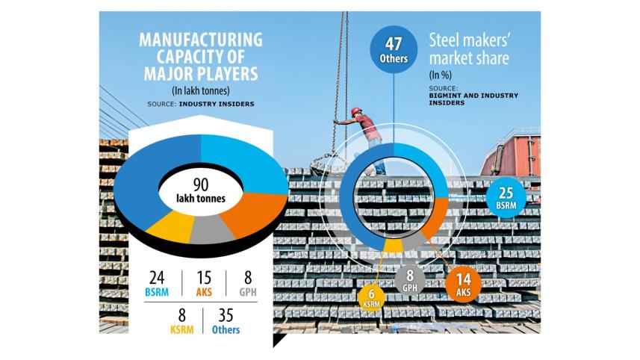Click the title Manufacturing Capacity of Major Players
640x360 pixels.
click(201, 57)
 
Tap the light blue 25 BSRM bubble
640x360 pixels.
click(506, 196)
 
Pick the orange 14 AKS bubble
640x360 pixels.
click(463, 286)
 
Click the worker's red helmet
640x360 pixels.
click(356, 111)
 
